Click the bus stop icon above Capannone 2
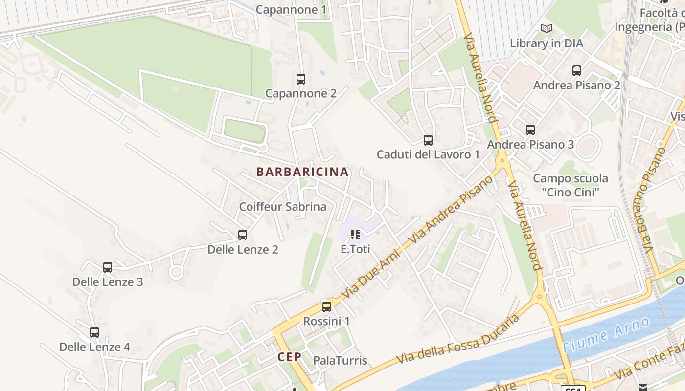coord(301,79)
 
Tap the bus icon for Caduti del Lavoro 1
coord(428,140)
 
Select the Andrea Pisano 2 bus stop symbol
coord(577,71)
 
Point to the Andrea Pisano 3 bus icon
coord(530,130)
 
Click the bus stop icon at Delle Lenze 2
coord(243,235)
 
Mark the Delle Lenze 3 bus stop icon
coord(108,267)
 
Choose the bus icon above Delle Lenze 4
coord(94,332)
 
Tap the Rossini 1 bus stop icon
coord(327,307)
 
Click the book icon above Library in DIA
coord(547,29)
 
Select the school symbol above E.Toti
coord(355,235)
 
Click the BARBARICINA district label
coord(302,172)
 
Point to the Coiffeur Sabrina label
coord(282,207)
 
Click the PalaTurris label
coord(340,361)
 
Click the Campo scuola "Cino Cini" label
coord(571,185)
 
